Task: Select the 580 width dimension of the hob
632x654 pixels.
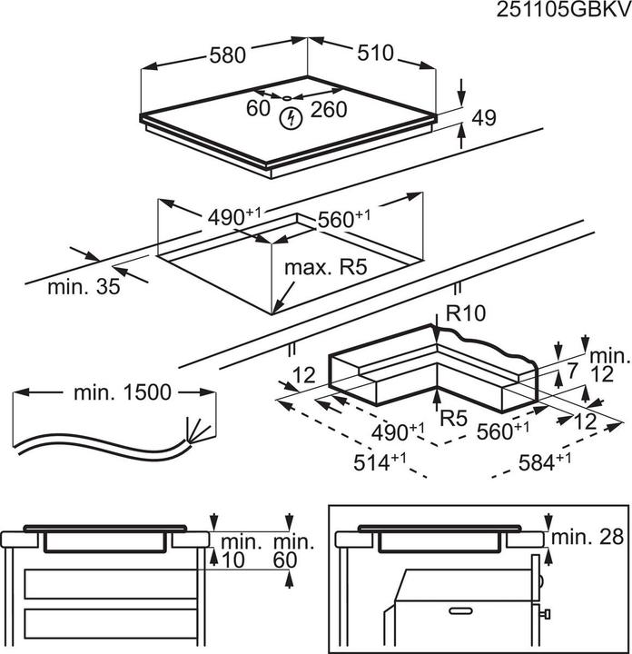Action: point(228,54)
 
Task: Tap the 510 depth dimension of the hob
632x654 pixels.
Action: point(374,53)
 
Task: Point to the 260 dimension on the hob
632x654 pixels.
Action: point(329,109)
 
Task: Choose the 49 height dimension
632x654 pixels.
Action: point(486,117)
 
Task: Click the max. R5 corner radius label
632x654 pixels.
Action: point(325,268)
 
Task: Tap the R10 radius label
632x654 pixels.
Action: point(468,313)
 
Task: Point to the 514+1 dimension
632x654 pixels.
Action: point(380,461)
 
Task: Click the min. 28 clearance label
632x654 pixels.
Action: point(589,538)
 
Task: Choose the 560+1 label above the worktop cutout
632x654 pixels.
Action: point(345,218)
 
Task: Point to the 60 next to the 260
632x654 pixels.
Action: point(259,109)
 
